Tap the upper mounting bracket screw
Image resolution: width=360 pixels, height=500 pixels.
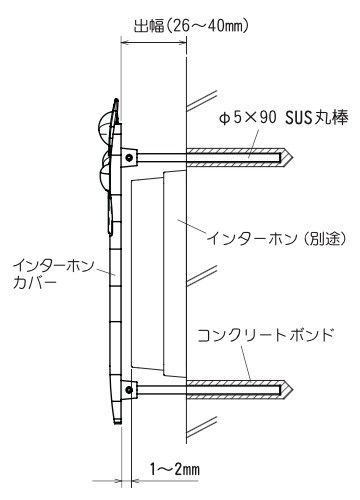(129, 156)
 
